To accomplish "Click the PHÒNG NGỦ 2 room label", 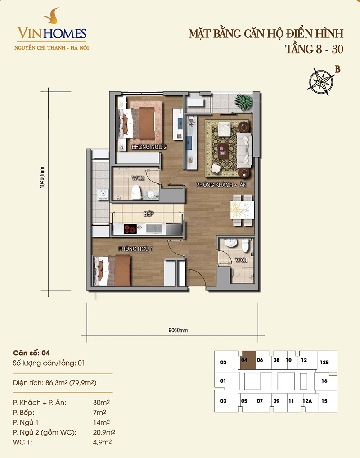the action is (x=149, y=147).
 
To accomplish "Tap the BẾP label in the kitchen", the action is (x=148, y=214).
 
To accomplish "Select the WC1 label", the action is (x=242, y=260).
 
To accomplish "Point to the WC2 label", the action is (x=138, y=178).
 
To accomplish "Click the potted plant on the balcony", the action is (x=243, y=102).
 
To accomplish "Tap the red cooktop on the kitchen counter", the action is (x=130, y=229).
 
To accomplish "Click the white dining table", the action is (x=242, y=210).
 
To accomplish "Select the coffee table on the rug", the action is (x=224, y=151).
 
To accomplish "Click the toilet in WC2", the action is (x=136, y=192).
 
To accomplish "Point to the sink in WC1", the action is (x=231, y=243).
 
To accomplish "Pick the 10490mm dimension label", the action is (x=42, y=177).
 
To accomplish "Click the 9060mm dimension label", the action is (x=178, y=331).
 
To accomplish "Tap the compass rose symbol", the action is (x=321, y=82).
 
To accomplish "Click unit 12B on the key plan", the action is (x=324, y=362).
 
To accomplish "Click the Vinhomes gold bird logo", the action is (x=52, y=16).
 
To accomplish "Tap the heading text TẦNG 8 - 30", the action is (x=314, y=49).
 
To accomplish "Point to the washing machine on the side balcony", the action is (x=103, y=195).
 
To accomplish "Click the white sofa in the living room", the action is (x=244, y=150).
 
